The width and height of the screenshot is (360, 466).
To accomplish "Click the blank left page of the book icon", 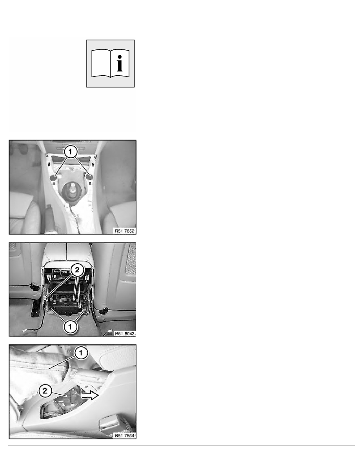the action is coord(101,63).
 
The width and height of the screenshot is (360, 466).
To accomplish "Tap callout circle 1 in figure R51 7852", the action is coord(70,152).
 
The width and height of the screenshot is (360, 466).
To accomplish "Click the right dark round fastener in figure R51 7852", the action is coord(89,177).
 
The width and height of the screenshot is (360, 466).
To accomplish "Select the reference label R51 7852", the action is coord(125,231).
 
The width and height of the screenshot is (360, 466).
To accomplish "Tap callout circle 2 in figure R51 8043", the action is coord(77,270).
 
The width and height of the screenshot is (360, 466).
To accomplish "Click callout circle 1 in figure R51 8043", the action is coord(70,327).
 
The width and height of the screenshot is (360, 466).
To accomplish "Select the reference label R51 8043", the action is coord(125,333).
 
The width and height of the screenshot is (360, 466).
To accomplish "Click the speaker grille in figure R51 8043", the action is coord(131,259).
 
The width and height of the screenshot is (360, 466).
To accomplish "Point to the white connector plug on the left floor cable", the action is coord(25,331).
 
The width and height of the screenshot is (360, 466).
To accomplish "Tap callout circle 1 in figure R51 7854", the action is coord(81,353).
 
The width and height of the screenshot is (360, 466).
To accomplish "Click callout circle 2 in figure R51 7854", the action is coord(45,391).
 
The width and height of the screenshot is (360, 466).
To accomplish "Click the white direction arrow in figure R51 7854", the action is coord(90,395).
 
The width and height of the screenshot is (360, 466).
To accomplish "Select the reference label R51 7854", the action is coord(125,435).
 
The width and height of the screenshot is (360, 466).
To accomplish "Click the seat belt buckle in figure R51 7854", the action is coord(106,423).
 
